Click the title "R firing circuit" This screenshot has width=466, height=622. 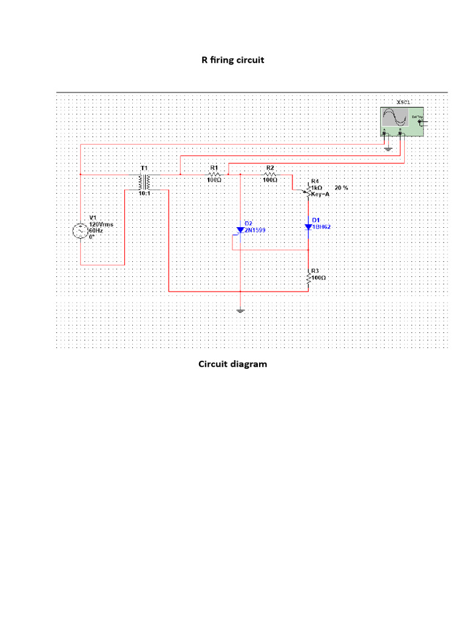232,60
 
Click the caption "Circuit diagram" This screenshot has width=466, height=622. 232,364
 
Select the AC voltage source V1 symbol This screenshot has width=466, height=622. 80,231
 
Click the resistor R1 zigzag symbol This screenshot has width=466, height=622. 214,174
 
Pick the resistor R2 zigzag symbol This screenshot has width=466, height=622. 270,174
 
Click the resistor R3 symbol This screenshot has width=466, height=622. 308,277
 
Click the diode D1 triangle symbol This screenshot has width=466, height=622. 308,227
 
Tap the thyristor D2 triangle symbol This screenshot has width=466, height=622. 241,231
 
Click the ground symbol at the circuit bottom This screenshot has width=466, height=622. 241,311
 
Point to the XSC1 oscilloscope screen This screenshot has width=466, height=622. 394,117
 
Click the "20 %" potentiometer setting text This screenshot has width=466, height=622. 341,188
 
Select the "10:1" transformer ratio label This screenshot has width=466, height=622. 145,193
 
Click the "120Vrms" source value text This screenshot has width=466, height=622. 101,224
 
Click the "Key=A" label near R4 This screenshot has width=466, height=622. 320,194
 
